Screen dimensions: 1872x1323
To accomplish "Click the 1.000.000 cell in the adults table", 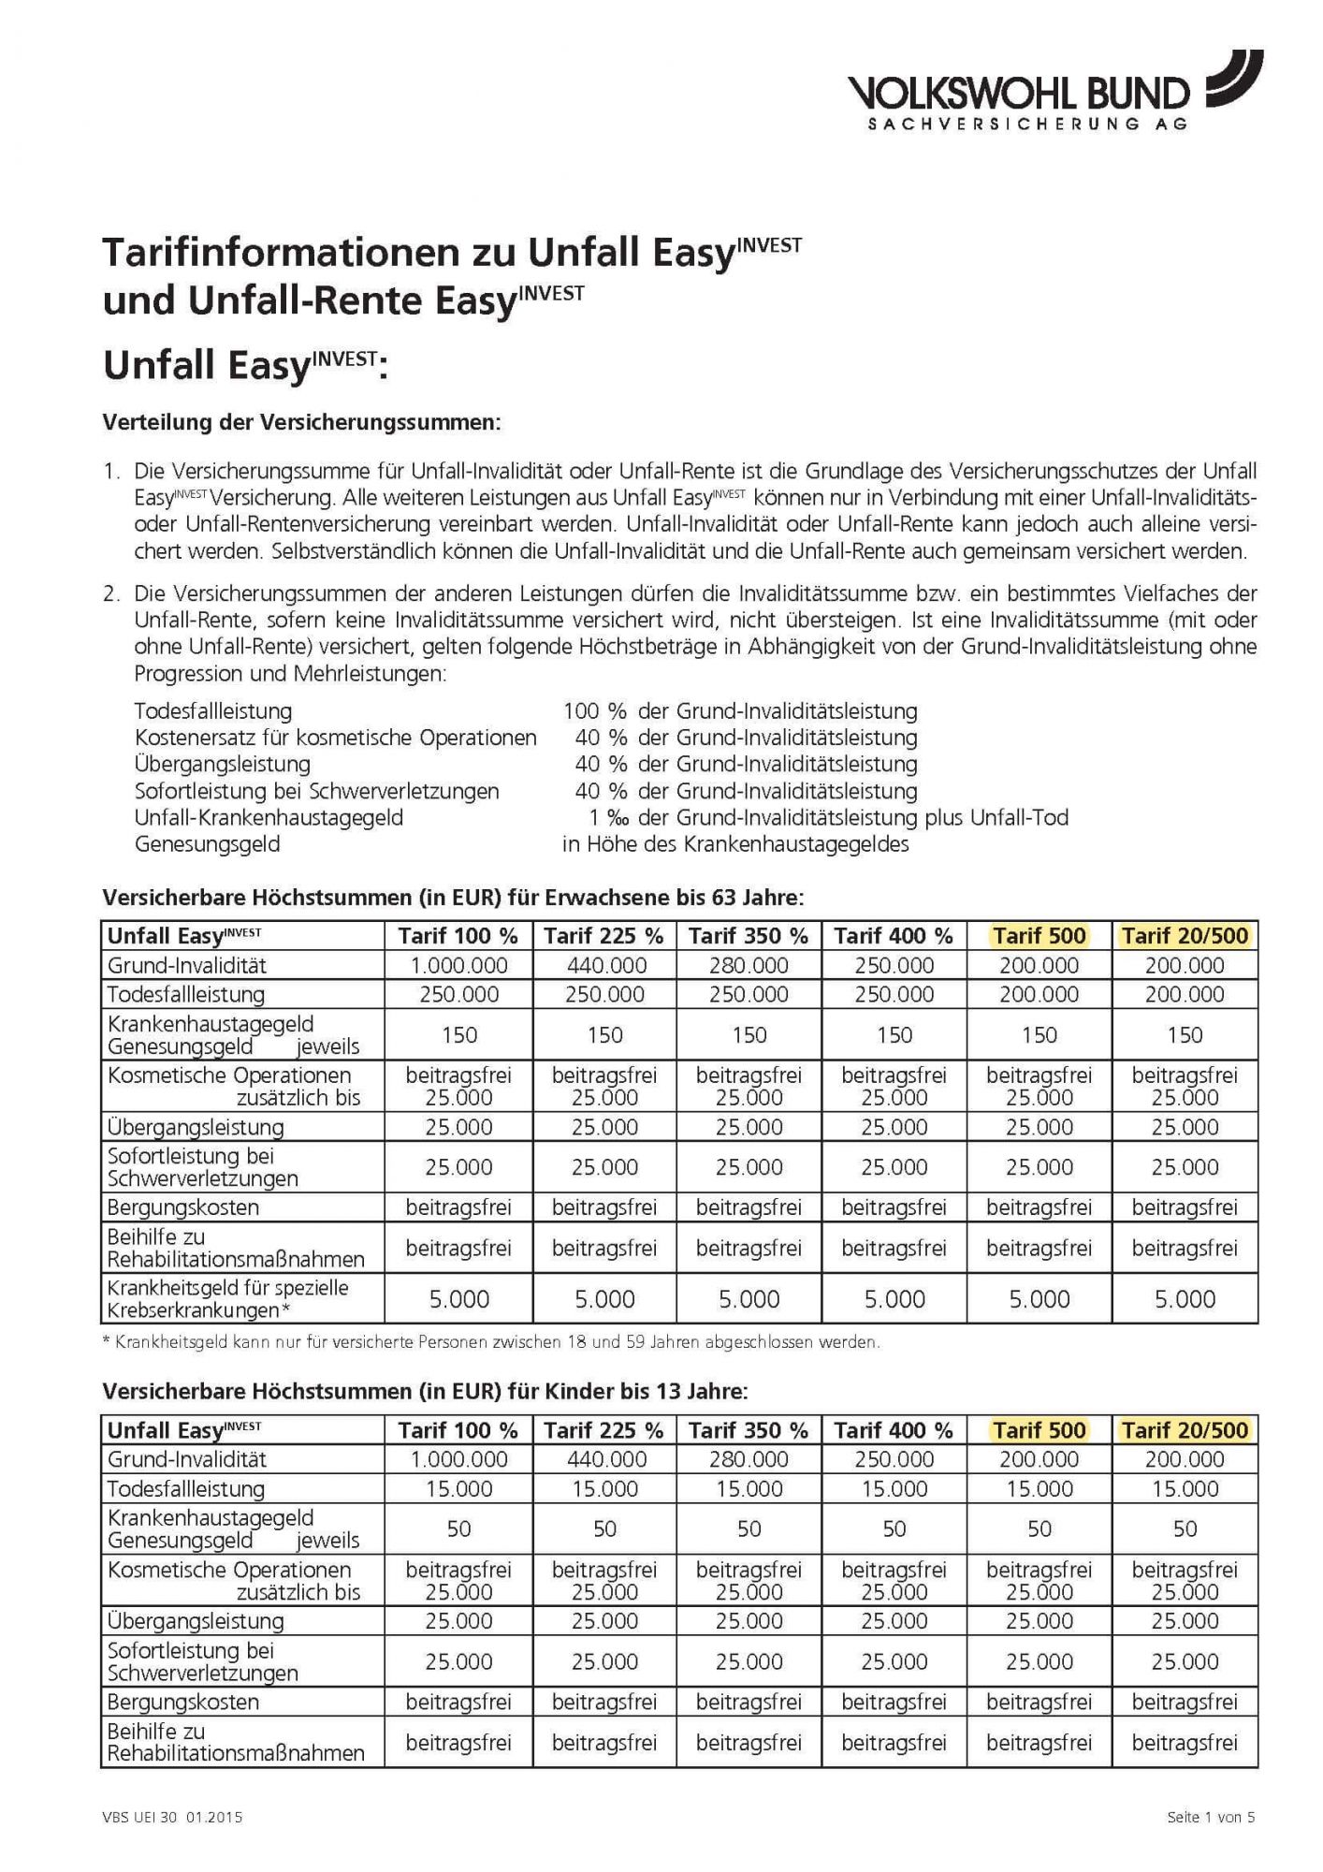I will coord(458,965).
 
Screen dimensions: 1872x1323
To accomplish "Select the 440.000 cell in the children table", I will coord(604,1459).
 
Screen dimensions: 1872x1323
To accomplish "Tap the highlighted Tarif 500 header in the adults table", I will coord(1039,935).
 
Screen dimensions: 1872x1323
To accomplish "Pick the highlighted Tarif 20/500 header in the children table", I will coord(1185,1430).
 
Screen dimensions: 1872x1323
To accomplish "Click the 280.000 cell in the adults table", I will coord(749,965).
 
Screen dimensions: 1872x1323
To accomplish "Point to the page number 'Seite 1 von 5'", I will coord(1211,1818).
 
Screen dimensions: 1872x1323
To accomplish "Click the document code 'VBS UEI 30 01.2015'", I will coord(172,1818).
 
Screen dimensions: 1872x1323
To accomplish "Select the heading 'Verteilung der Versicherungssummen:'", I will coord(302,422).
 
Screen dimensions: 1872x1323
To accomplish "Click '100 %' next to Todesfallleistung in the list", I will coord(594,711).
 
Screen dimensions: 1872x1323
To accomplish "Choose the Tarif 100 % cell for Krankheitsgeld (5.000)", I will coord(458,1299).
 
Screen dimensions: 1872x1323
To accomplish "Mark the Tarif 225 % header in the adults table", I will coord(604,935).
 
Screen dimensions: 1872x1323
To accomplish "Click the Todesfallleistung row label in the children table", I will coord(186,1489).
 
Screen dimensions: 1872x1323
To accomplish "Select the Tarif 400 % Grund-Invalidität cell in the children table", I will coord(894,1459).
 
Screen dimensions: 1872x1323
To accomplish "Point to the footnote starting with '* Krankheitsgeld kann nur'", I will coord(490,1342).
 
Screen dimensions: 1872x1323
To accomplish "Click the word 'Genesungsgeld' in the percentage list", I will coord(208,844).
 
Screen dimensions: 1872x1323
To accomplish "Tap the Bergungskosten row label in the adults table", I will coord(183,1207).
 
